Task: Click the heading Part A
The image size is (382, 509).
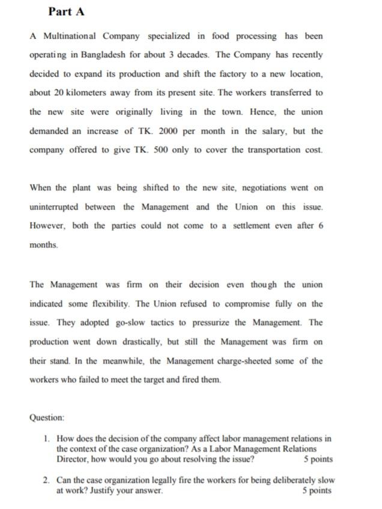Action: click(66, 11)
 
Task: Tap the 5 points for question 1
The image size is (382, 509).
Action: click(317, 459)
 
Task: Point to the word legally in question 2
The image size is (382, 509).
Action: click(169, 480)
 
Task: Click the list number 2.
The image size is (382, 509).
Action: click(46, 480)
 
